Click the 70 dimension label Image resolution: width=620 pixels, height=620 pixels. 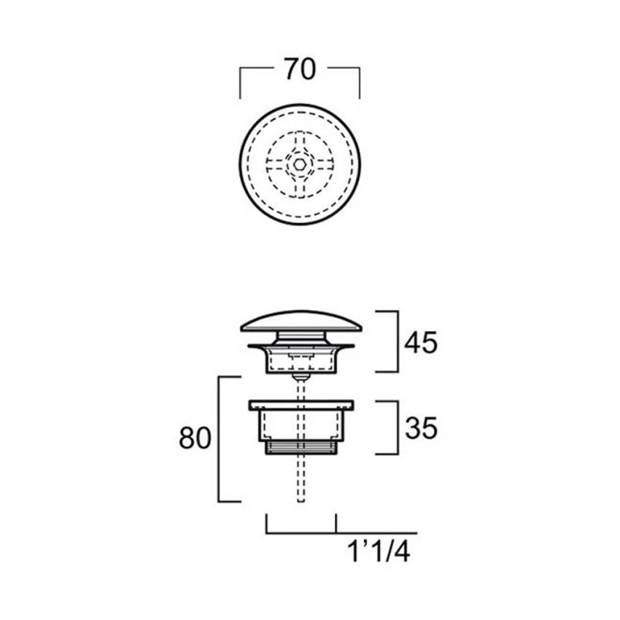tap(300, 69)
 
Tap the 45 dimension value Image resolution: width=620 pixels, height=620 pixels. tap(421, 342)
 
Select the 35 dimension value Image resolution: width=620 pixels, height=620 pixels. tap(421, 428)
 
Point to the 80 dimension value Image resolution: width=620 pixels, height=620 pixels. tap(195, 438)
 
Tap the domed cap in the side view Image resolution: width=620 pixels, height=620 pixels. tap(301, 321)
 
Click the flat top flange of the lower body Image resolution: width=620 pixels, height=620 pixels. tap(301, 405)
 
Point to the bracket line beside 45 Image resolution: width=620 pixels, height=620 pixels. tap(397, 341)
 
